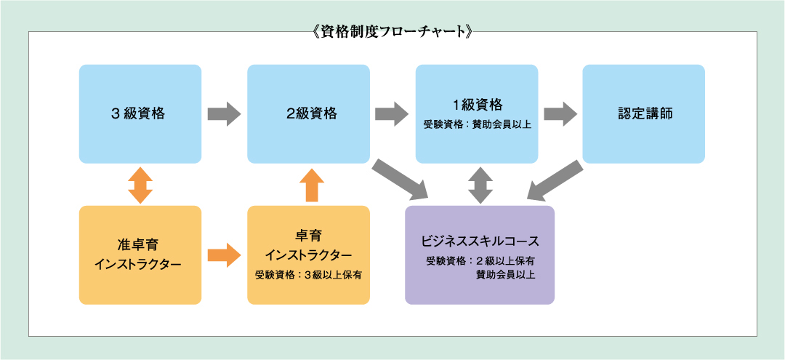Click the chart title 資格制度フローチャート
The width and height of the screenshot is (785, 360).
(x=392, y=32)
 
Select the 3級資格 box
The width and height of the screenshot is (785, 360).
(x=140, y=113)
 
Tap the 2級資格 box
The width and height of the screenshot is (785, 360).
(x=308, y=113)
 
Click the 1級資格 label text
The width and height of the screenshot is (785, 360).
(x=477, y=104)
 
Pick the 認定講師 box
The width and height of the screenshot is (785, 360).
(x=643, y=113)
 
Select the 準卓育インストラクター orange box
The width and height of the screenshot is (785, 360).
(x=140, y=255)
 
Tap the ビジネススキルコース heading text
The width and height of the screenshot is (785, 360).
(x=480, y=240)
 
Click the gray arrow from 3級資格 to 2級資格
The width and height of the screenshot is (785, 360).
(x=224, y=114)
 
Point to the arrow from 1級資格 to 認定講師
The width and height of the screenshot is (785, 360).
(x=560, y=114)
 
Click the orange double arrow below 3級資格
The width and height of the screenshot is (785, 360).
(x=140, y=184)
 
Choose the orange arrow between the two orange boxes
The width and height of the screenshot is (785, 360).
(x=224, y=255)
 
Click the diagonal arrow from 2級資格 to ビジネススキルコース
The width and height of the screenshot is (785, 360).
(x=400, y=179)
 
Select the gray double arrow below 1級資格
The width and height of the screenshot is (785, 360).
(x=480, y=184)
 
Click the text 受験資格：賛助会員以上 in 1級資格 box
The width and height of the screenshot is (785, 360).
(x=477, y=124)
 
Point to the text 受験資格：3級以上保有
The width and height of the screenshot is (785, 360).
(x=308, y=275)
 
